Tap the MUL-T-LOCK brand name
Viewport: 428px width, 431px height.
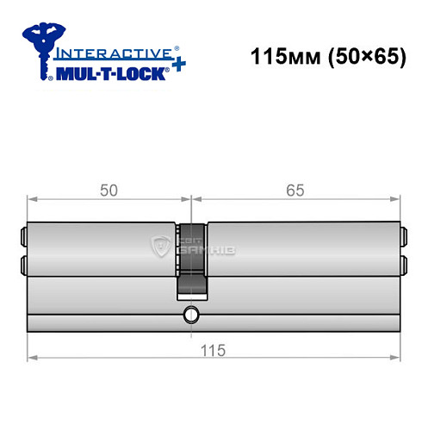coord(107,72)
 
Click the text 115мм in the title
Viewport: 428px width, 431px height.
coord(276,61)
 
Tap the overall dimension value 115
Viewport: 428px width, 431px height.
coord(212,349)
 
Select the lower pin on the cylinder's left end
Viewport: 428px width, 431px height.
coord(23,264)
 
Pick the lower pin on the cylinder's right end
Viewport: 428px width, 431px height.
coord(401,264)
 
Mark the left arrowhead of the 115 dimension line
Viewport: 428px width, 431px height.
coord(32,356)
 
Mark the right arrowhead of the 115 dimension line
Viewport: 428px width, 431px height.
coord(399,356)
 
